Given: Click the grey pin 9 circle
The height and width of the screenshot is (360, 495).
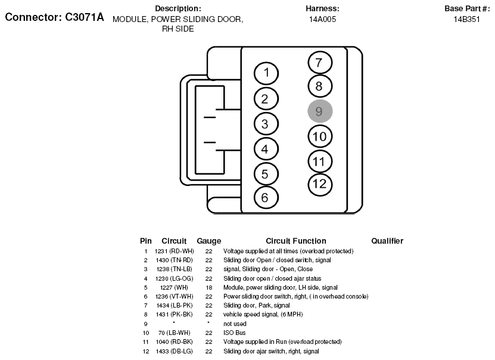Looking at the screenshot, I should tap(320, 111).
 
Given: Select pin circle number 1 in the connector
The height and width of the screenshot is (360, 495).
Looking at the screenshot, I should tap(266, 73).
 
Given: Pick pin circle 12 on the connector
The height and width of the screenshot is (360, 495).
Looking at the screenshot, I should tap(320, 184).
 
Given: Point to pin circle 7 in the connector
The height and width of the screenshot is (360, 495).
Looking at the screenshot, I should tap(320, 62).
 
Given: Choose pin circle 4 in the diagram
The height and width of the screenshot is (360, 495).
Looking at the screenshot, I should tap(266, 149).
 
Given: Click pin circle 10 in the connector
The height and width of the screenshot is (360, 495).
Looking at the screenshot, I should tap(320, 136).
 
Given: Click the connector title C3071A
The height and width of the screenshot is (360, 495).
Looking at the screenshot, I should tap(54, 18).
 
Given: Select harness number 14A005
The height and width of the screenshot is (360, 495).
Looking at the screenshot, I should tap(322, 19).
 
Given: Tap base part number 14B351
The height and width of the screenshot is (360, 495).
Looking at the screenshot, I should tap(466, 19).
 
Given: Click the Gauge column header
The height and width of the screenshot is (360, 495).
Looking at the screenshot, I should tap(208, 241).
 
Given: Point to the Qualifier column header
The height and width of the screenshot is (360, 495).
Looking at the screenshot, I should tap(387, 241).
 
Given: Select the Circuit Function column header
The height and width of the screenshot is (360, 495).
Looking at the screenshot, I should tap(295, 241).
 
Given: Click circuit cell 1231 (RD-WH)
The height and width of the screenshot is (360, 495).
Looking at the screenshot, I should tap(174, 251).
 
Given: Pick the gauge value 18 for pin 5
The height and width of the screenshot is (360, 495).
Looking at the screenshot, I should tap(208, 287).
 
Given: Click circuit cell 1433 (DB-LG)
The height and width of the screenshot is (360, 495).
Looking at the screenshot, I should tap(174, 351).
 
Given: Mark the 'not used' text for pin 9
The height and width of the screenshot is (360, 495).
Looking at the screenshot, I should tap(235, 324).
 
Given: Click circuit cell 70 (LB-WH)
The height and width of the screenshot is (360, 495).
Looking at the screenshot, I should tap(174, 333).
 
